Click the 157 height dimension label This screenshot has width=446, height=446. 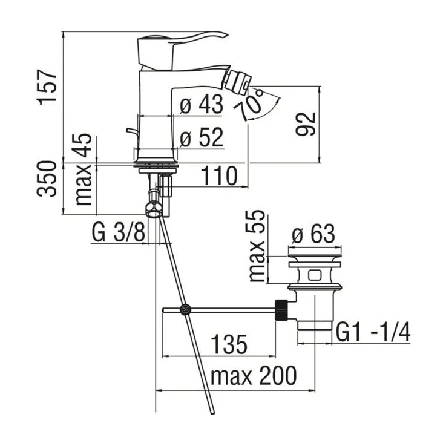point(47,87)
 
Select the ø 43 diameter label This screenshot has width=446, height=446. point(202,104)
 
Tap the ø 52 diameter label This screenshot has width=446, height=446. point(202,137)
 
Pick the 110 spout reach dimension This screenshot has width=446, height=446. point(218,175)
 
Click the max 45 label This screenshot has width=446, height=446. point(84,169)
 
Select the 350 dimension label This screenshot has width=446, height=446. point(47,179)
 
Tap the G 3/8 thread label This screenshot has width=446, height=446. point(119,232)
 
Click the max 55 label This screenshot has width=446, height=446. point(257,246)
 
